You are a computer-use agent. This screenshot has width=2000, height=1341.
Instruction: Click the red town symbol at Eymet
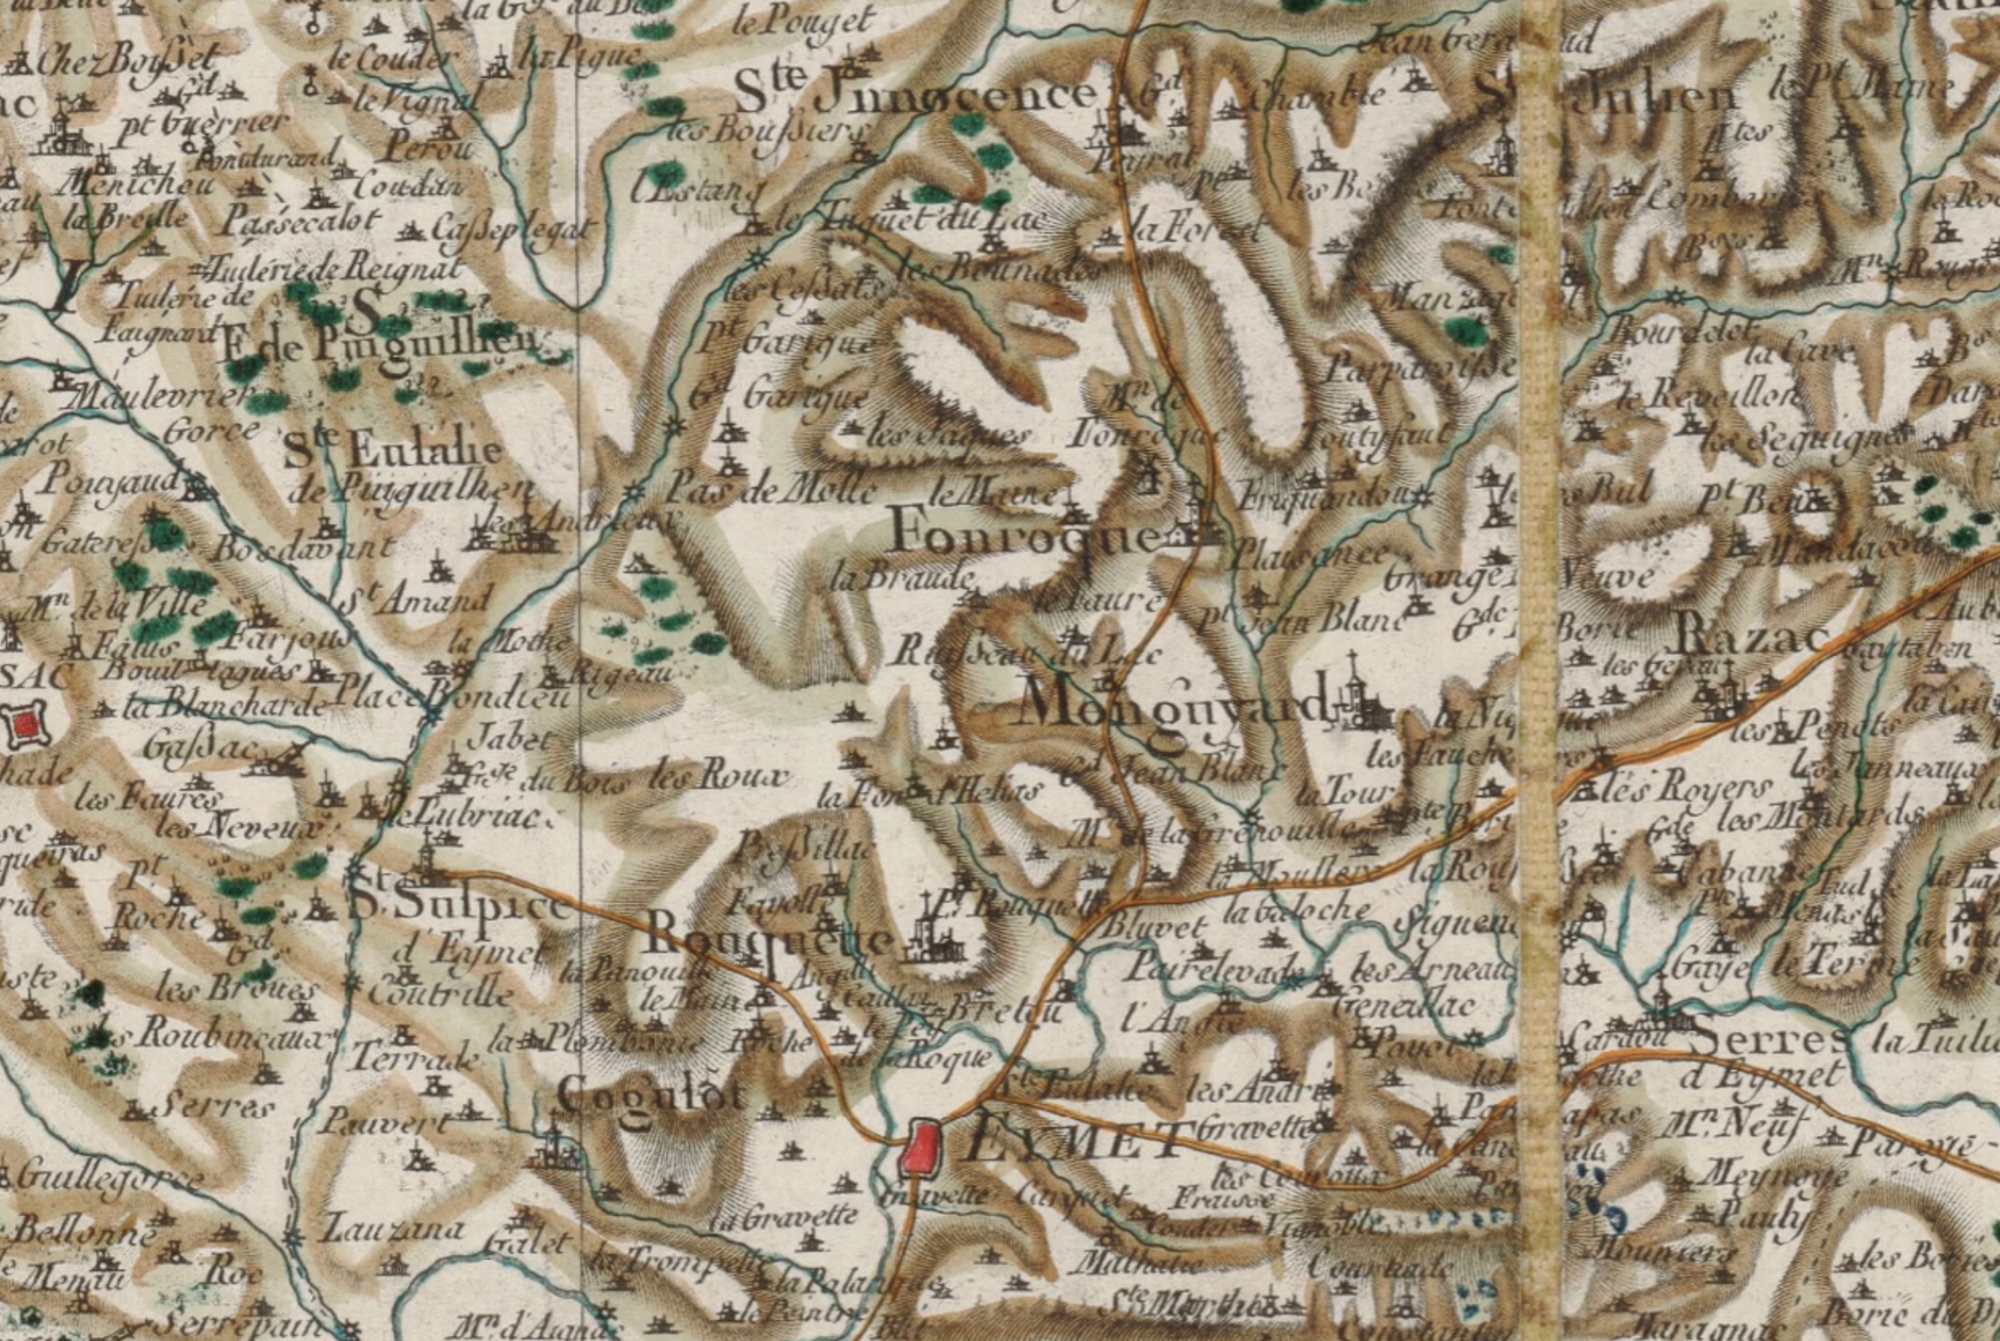[x=922, y=1147]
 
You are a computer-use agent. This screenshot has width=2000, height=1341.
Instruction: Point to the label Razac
[x=1748, y=638]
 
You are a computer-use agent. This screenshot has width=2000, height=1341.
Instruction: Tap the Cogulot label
[x=651, y=1094]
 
